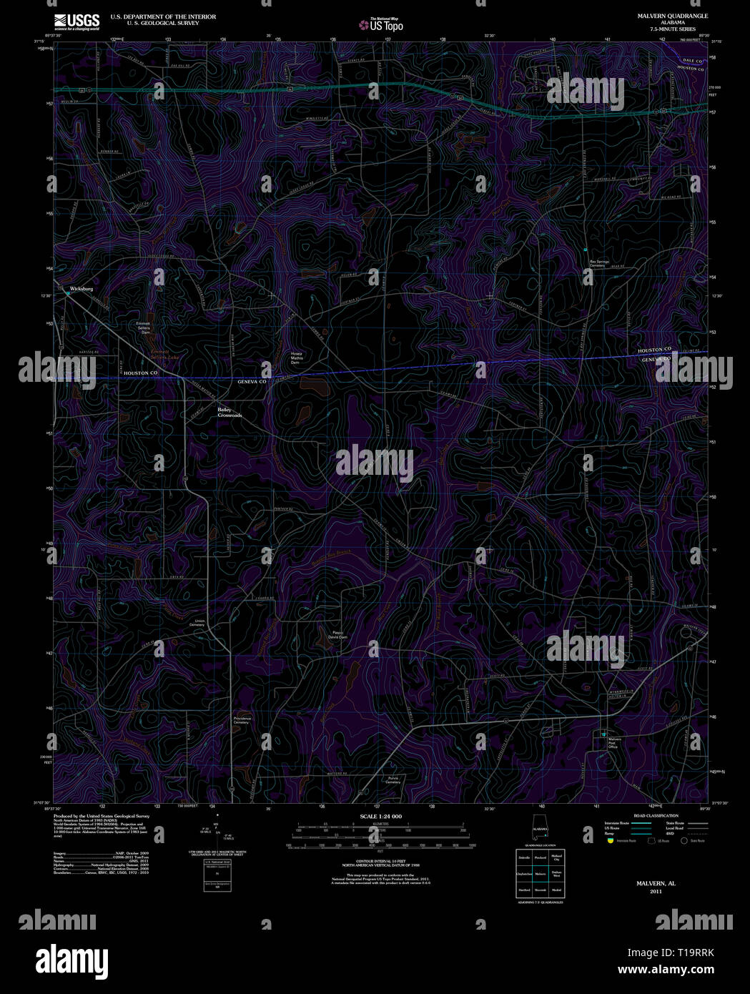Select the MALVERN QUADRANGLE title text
pyautogui.click(x=663, y=16)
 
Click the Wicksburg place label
pyautogui.click(x=82, y=288)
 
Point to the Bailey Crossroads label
pyautogui.click(x=230, y=413)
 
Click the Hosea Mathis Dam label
pyautogui.click(x=297, y=358)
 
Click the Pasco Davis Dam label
pyautogui.click(x=337, y=634)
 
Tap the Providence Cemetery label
pyautogui.click(x=241, y=720)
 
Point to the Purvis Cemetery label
pyautogui.click(x=393, y=780)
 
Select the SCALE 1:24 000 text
pyautogui.click(x=380, y=816)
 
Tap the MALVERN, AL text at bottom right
pyautogui.click(x=656, y=884)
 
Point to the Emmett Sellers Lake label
pyautogui.click(x=160, y=355)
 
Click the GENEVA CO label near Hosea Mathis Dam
pyautogui.click(x=252, y=383)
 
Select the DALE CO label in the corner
pyautogui.click(x=693, y=61)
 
